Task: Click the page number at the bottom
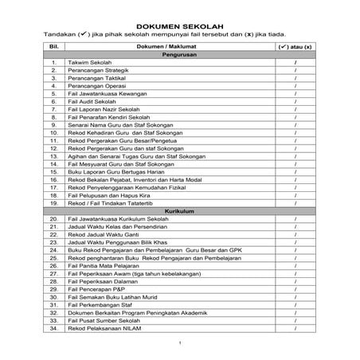point(181,343)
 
